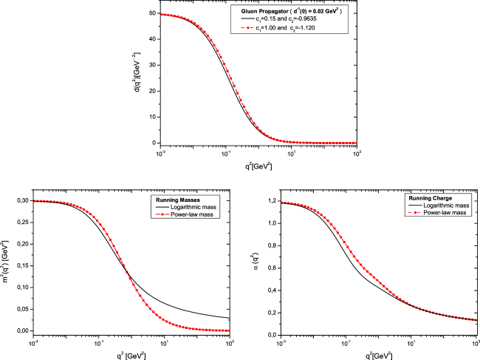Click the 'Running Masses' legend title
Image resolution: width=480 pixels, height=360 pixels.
[177, 200]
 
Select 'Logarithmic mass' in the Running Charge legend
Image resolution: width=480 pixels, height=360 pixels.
[445, 206]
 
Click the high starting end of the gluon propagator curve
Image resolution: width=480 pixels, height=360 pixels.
[162, 14]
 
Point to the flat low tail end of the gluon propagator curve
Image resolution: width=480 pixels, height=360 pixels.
[356, 143]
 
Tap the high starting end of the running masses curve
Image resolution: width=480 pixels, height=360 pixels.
[35, 200]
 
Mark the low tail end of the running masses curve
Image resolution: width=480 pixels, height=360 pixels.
[229, 330]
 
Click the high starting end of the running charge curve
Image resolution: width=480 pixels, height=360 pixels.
[283, 202]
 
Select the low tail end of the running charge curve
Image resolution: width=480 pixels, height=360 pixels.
[477, 320]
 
